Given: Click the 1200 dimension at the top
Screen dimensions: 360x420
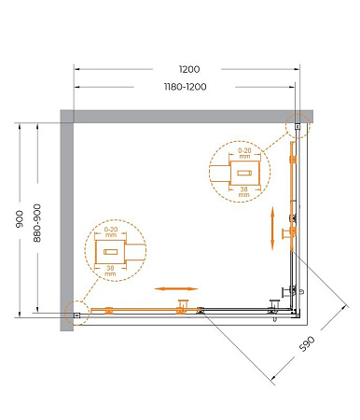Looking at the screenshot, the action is (x=189, y=69).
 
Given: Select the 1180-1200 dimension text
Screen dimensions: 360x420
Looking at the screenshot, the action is (x=185, y=87).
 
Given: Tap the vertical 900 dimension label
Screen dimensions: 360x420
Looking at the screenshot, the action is (x=20, y=218).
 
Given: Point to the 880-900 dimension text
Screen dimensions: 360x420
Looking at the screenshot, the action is (x=37, y=223).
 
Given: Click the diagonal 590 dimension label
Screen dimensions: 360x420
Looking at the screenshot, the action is (x=307, y=343).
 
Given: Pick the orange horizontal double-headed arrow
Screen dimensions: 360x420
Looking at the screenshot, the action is (x=176, y=288).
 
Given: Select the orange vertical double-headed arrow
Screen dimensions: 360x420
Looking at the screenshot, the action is (x=272, y=228).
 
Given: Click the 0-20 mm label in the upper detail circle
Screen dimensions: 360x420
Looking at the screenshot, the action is (x=244, y=153).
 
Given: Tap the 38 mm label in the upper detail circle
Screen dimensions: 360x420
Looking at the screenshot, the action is (x=244, y=191).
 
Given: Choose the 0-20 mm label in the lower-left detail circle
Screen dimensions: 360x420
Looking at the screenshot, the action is (x=111, y=231).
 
